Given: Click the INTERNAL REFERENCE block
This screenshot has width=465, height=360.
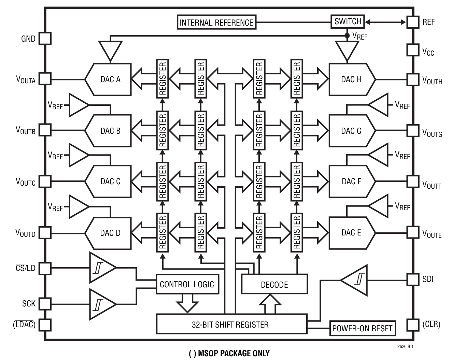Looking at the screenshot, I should pos(216,22).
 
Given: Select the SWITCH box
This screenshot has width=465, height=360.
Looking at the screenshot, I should pos(348,21).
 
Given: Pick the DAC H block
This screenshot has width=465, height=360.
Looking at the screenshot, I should pos(352,80).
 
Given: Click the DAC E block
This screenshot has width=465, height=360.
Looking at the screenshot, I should pos(352,233).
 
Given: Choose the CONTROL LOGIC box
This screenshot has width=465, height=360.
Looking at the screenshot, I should pos(187,284).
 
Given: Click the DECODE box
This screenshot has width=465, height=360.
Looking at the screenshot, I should pos(274,284).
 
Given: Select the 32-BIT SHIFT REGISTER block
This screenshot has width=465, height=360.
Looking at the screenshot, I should pos(231,324).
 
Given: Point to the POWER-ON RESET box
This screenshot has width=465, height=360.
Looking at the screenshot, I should pos(362,328).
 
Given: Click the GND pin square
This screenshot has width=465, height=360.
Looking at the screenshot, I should pos(45,39).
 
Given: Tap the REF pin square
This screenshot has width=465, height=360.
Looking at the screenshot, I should pos(413,22).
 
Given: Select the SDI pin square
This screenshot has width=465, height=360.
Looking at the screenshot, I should pos(413,279).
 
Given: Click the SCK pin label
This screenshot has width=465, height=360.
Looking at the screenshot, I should pos(29,303).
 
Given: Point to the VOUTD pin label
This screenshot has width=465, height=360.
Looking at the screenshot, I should pos(26,233).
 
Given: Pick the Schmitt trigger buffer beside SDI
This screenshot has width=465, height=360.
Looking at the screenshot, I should pos(356,280).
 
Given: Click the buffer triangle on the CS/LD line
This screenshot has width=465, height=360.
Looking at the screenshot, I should pos(101,268).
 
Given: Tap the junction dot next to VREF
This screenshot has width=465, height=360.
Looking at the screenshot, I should pos(347,35).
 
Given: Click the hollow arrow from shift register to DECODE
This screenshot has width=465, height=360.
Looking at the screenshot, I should pos(270,304).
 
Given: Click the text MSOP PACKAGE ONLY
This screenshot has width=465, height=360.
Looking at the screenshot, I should pos(229,353).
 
